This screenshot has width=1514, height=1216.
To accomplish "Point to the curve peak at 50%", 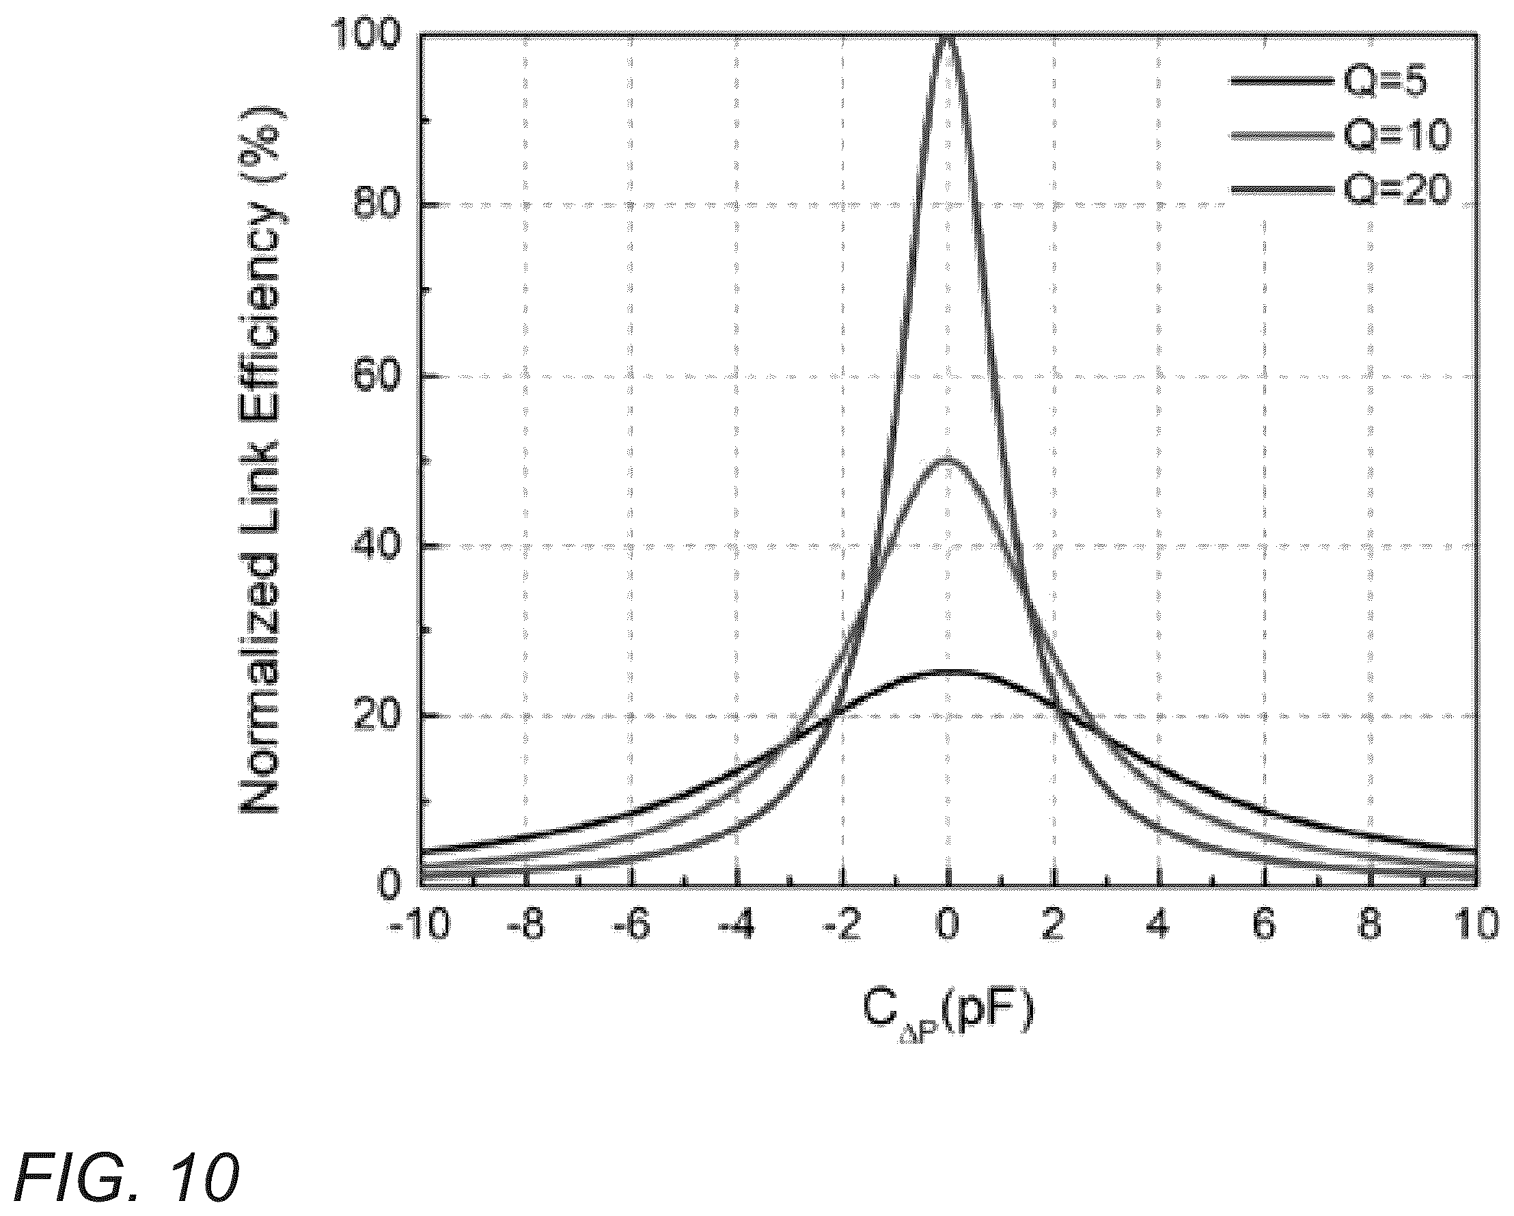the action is click(948, 461).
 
